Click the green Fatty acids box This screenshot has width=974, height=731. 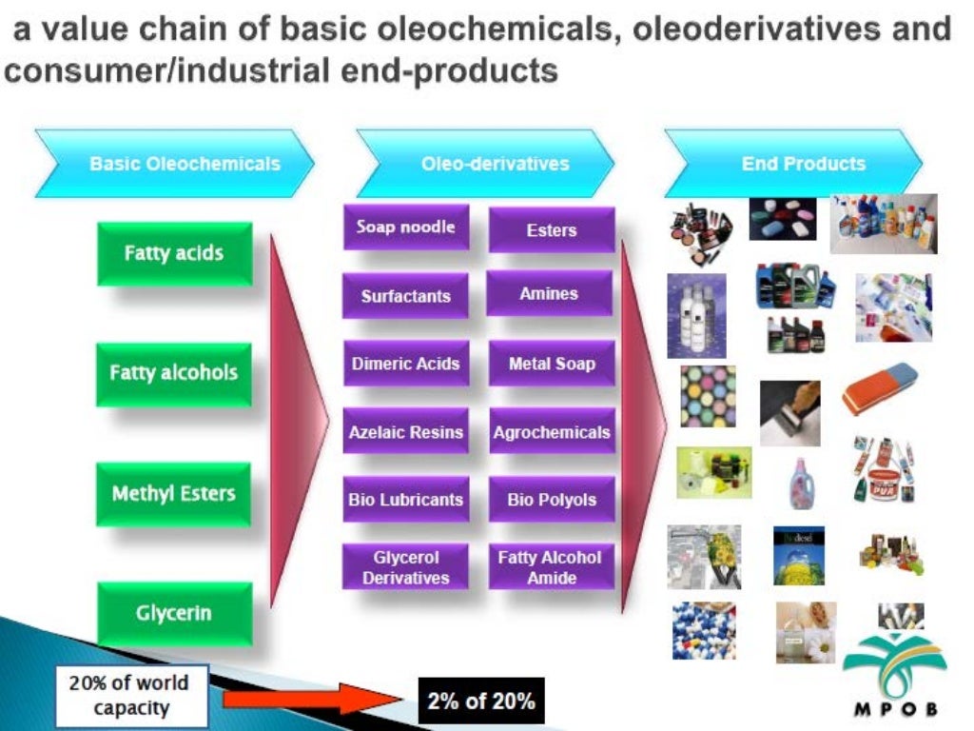point(174,253)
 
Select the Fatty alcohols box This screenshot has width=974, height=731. point(174,373)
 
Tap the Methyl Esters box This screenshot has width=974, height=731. point(174,494)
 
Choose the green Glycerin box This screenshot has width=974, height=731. point(174,614)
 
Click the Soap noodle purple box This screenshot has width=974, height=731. point(405,227)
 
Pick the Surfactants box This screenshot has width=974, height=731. point(405,296)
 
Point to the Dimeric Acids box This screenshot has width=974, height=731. point(405,364)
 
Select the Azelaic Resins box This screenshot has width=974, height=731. point(405,432)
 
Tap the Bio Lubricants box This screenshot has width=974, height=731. point(405,500)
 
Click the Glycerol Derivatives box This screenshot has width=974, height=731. point(405,567)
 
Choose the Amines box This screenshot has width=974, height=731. point(549,294)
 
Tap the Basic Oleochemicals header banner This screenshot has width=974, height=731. point(176,164)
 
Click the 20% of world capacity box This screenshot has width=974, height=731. point(127,696)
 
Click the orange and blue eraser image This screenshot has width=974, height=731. point(880,388)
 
